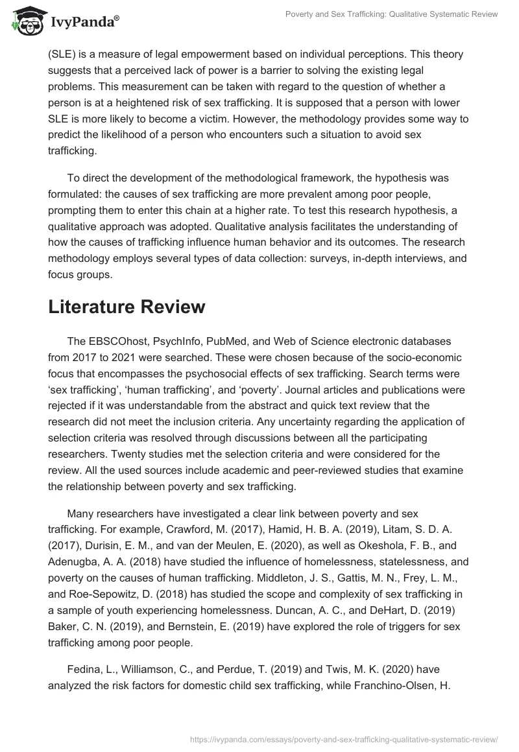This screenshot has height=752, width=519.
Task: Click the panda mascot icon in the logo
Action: [24, 20]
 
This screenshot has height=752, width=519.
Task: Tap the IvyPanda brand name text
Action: [82, 21]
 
